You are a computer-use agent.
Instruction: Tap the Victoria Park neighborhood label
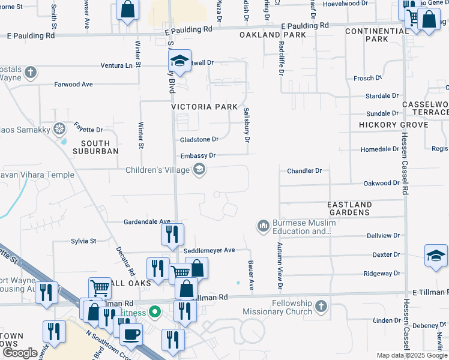pyautogui.click(x=205, y=107)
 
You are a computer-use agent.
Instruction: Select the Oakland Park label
pyautogui.click(x=273, y=35)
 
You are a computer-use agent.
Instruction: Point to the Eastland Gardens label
pyautogui.click(x=349, y=208)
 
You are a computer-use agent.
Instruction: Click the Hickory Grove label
pyautogui.click(x=394, y=125)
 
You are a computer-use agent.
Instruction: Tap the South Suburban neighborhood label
pyautogui.click(x=95, y=147)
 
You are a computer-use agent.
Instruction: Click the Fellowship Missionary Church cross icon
pyautogui.click(x=321, y=307)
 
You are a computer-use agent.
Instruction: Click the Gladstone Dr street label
pyautogui.click(x=199, y=139)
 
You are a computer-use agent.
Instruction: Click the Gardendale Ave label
pyautogui.click(x=147, y=221)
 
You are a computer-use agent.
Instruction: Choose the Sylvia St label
pyautogui.click(x=83, y=241)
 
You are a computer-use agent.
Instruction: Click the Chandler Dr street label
pyautogui.click(x=304, y=171)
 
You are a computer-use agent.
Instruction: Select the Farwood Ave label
pyautogui.click(x=73, y=85)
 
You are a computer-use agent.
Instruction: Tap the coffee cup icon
pyautogui.click(x=131, y=334)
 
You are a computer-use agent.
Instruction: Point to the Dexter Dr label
pyautogui.click(x=386, y=254)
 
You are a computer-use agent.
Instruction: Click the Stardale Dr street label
pyautogui.click(x=382, y=96)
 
